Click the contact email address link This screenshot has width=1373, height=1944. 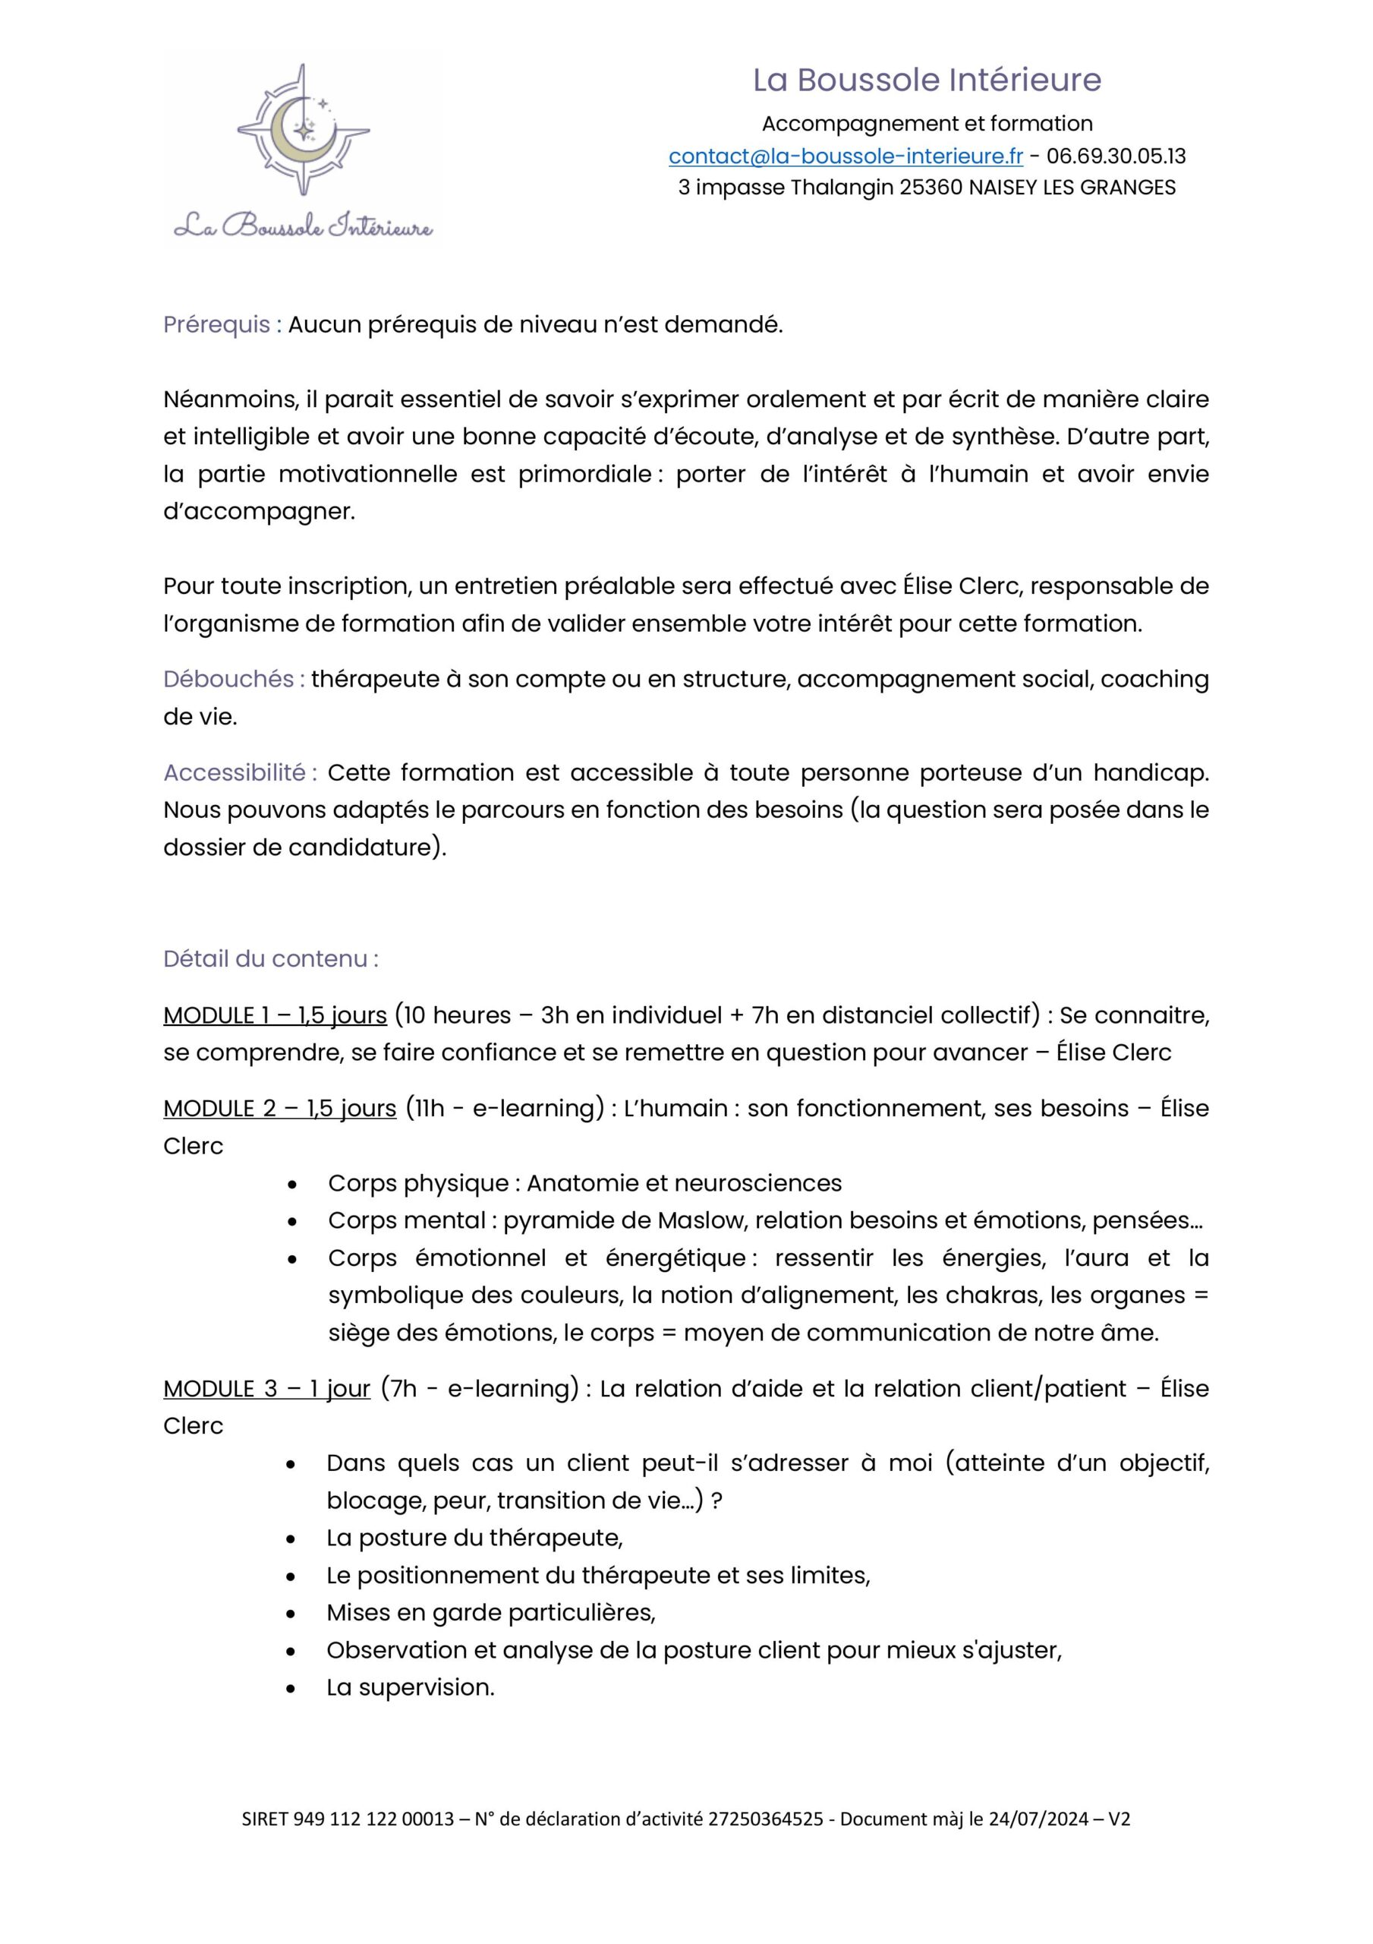pyautogui.click(x=845, y=156)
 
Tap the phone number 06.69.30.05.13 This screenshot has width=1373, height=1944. pyautogui.click(x=1116, y=156)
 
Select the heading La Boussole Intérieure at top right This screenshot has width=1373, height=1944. pyautogui.click(x=927, y=80)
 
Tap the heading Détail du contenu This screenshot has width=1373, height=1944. pyautogui.click(x=270, y=958)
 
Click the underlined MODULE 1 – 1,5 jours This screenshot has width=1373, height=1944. pyautogui.click(x=274, y=1015)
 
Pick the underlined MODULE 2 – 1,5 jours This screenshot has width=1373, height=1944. pyautogui.click(x=279, y=1109)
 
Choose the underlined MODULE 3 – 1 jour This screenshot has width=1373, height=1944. pyautogui.click(x=266, y=1389)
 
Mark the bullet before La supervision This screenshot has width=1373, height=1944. pyautogui.click(x=291, y=1688)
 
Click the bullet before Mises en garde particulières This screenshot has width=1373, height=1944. pyautogui.click(x=291, y=1614)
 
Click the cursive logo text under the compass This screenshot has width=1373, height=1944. pyautogui.click(x=303, y=226)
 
